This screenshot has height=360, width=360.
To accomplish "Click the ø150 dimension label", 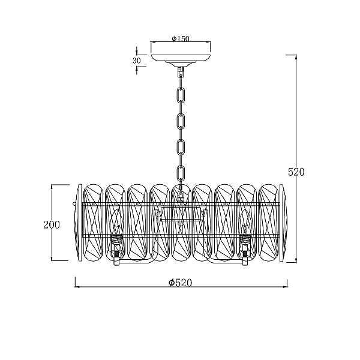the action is [x=181, y=38].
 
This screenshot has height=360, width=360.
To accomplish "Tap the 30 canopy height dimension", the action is [x=137, y=61].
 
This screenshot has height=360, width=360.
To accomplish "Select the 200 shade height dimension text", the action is [x=52, y=225].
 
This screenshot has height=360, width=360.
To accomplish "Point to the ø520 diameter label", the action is [x=180, y=283].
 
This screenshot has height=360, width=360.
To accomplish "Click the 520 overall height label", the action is [x=296, y=172].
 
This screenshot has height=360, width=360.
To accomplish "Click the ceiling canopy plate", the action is [x=181, y=59].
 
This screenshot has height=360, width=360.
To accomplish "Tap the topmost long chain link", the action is [x=181, y=95].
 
